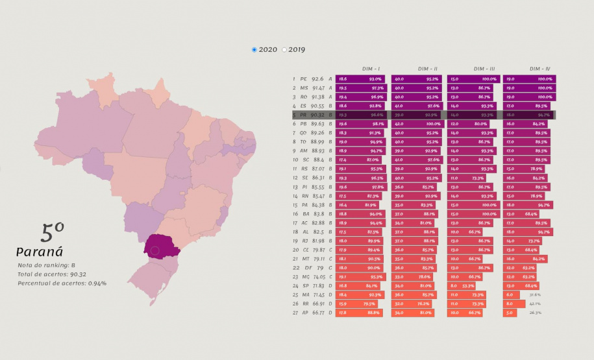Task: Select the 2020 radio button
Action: tap(254, 50)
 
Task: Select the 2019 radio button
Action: tap(284, 50)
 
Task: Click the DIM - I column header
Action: tap(371, 69)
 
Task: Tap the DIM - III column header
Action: tap(484, 69)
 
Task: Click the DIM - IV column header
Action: tap(539, 69)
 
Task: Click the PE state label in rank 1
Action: tap(303, 78)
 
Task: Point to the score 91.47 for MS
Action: tap(319, 88)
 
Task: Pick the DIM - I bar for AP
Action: tap(359, 313)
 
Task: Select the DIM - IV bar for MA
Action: tap(512, 294)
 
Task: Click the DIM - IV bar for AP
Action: tap(510, 313)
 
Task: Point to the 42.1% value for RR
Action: tap(535, 304)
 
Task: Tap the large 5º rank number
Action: tap(52, 232)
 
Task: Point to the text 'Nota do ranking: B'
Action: tap(47, 265)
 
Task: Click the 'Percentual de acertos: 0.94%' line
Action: tap(62, 283)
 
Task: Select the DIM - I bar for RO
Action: tap(360, 97)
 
